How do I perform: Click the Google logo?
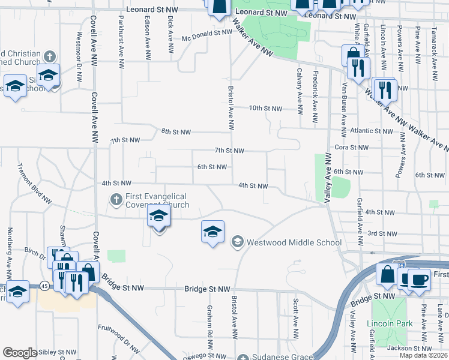[19, 353]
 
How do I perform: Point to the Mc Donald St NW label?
[199, 36]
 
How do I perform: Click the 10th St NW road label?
[265, 109]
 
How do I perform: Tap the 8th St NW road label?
[176, 132]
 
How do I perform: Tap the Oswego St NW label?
[209, 355]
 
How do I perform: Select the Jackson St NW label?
[412, 348]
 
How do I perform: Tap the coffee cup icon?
[420, 280]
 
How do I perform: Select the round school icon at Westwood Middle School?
[237, 242]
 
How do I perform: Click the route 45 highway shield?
[45, 286]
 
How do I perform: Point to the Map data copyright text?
[423, 355]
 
